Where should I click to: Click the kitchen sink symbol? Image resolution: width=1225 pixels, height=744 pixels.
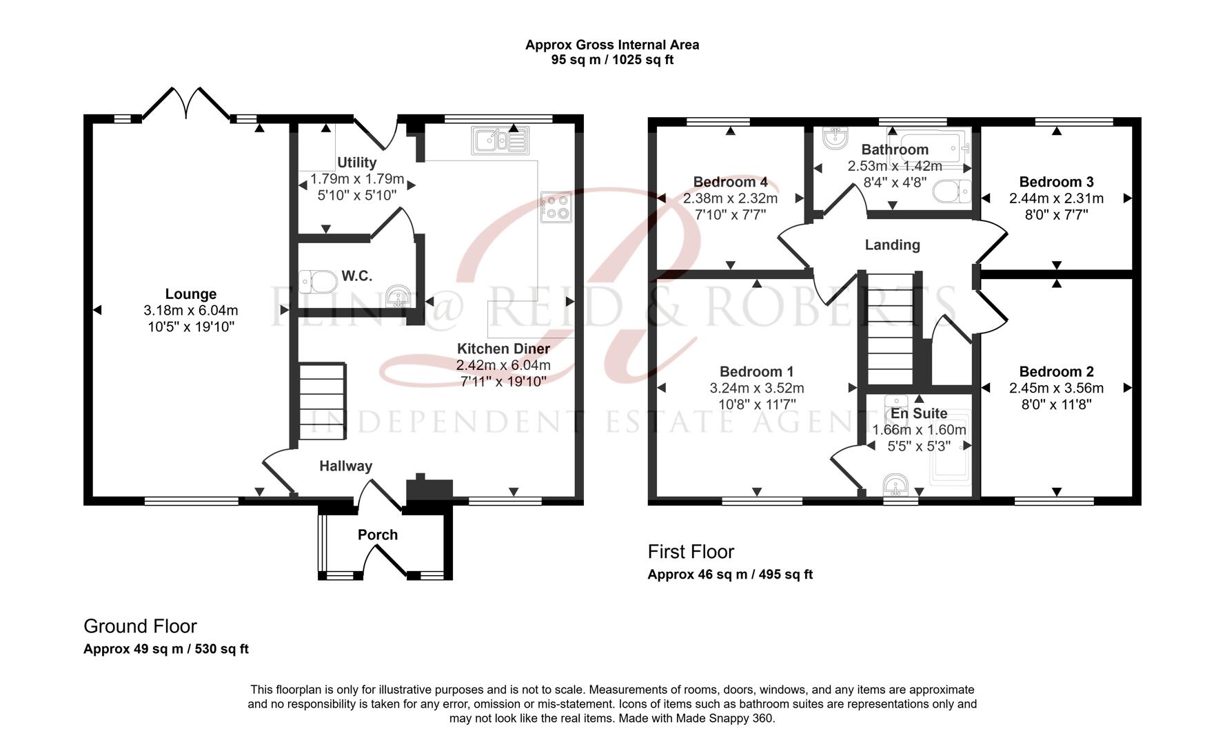500,141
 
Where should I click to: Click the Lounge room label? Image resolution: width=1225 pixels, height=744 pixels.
191,294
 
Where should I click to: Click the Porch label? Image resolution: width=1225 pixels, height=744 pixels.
378,535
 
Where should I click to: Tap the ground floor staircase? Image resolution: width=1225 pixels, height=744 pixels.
322,401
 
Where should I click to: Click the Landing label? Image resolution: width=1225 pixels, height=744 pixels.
892,245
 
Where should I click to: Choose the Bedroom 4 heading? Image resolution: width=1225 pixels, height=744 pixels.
730,182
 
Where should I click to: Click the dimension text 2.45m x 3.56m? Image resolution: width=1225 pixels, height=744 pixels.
1056,389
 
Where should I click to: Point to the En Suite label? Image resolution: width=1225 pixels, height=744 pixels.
918,413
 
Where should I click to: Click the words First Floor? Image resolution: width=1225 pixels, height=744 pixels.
691,552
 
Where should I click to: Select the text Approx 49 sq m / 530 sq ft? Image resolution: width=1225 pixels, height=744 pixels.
166,649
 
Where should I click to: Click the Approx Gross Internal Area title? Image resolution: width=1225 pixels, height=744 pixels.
612,45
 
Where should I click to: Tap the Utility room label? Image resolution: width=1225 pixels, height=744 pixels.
356,163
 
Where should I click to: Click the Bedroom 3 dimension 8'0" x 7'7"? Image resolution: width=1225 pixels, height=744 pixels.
1056,215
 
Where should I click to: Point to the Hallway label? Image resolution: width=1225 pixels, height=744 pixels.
345,466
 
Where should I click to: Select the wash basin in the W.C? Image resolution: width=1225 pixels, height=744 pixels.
399,297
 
